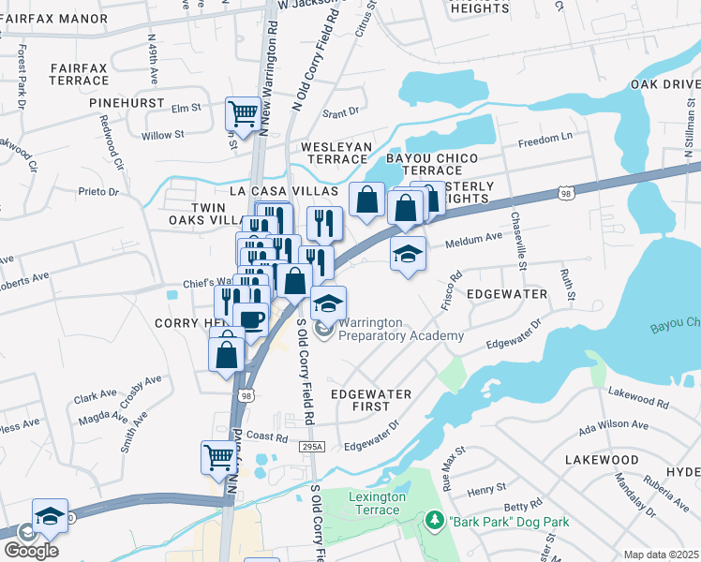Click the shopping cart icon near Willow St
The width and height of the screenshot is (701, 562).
click(x=243, y=114)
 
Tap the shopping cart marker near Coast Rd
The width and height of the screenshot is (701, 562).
click(x=218, y=458)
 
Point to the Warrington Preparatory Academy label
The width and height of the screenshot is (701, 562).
click(x=401, y=329)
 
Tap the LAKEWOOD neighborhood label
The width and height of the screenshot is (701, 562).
click(x=602, y=460)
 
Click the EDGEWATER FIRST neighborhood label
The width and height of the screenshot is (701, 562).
click(x=371, y=401)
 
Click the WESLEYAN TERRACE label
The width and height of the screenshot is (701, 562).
click(x=336, y=154)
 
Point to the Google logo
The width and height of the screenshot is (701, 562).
click(x=32, y=551)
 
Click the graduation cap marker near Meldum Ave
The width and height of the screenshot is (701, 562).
click(x=408, y=254)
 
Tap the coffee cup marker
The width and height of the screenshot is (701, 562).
click(x=250, y=319)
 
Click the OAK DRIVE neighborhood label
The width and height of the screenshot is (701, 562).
click(x=664, y=84)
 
